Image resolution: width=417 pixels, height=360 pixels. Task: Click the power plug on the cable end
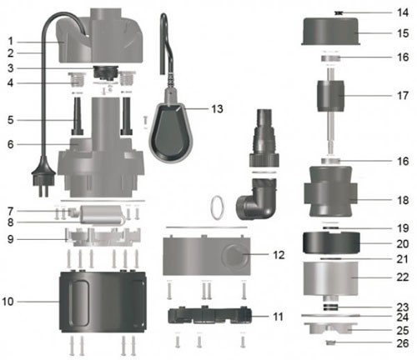(42, 177)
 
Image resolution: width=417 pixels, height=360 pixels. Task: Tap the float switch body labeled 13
(168, 132)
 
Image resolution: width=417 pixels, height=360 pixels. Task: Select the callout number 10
(8, 302)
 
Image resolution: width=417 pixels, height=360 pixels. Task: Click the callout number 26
(403, 343)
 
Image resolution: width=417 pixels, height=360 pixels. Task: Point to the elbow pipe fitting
(257, 199)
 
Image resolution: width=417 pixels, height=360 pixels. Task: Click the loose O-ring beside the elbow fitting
(218, 207)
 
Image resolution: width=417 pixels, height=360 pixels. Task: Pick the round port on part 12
(234, 253)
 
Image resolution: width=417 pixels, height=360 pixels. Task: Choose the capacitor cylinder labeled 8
(102, 214)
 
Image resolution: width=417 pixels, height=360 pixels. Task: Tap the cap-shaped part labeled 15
(331, 31)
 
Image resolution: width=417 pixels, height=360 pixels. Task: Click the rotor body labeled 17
(330, 96)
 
